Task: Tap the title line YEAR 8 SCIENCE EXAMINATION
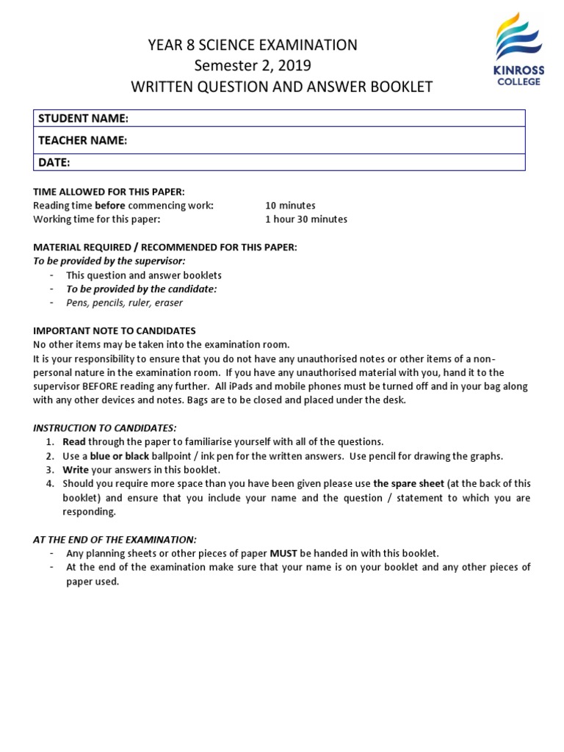(x=253, y=46)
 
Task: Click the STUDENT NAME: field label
(x=83, y=118)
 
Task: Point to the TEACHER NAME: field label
(x=83, y=140)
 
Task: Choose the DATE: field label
(x=54, y=162)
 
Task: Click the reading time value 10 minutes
(x=290, y=206)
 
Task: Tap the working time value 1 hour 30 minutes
(x=306, y=219)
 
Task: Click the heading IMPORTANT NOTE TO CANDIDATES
(x=115, y=331)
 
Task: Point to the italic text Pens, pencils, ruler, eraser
(x=124, y=303)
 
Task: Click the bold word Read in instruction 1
(x=74, y=442)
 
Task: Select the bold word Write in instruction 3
(x=76, y=470)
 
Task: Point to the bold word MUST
(x=283, y=553)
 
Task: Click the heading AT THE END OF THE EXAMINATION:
(x=115, y=539)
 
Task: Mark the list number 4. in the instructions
(x=50, y=484)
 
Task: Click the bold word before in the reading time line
(x=110, y=206)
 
